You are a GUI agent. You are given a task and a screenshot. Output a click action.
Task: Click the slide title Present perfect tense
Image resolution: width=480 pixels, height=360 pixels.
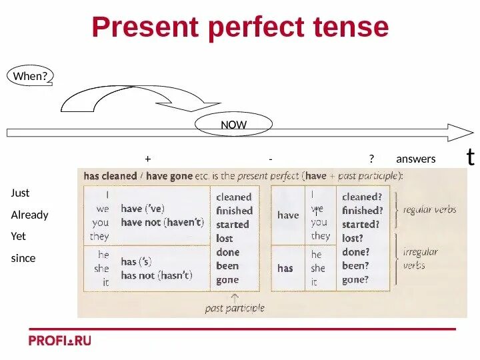pyautogui.click(x=240, y=27)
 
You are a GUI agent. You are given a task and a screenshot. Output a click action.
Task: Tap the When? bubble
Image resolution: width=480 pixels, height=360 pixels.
pyautogui.click(x=30, y=76)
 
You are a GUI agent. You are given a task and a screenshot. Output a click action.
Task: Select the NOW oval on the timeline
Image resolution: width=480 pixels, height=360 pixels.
pyautogui.click(x=233, y=125)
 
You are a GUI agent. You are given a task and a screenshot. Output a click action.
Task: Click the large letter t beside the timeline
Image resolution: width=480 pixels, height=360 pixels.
pyautogui.click(x=471, y=157)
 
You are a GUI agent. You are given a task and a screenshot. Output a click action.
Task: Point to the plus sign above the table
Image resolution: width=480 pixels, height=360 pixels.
pyautogui.click(x=147, y=159)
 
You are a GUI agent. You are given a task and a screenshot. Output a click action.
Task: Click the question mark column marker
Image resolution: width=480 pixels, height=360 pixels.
pyautogui.click(x=371, y=159)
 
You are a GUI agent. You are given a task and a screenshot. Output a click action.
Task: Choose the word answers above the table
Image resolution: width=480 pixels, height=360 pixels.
pyautogui.click(x=415, y=159)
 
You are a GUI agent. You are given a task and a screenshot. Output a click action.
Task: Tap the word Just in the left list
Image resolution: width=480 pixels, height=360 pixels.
pyautogui.click(x=20, y=193)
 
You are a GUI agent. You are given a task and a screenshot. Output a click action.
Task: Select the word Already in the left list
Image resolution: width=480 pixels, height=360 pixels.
pyautogui.click(x=29, y=215)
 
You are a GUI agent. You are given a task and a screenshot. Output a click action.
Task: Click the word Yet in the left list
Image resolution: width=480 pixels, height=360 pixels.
pyautogui.click(x=19, y=236)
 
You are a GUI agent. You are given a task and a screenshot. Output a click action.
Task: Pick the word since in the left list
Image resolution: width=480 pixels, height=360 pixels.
pyautogui.click(x=23, y=258)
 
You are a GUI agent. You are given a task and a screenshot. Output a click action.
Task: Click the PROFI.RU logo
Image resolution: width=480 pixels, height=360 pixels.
pyautogui.click(x=59, y=340)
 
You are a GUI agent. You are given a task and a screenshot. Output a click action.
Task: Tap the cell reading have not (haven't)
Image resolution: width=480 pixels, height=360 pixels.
pyautogui.click(x=162, y=223)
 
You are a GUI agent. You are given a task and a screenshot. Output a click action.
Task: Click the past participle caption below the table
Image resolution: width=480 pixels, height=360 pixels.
pyautogui.click(x=235, y=308)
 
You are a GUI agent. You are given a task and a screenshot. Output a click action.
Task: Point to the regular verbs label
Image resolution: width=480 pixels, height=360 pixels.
pyautogui.click(x=430, y=209)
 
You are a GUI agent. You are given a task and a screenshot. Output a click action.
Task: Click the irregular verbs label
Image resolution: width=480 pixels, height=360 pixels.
pyautogui.click(x=421, y=258)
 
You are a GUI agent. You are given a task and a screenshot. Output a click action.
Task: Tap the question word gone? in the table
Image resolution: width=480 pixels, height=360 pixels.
pyautogui.click(x=355, y=280)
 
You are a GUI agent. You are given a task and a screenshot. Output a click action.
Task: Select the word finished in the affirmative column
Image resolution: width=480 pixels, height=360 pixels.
pyautogui.click(x=234, y=211)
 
